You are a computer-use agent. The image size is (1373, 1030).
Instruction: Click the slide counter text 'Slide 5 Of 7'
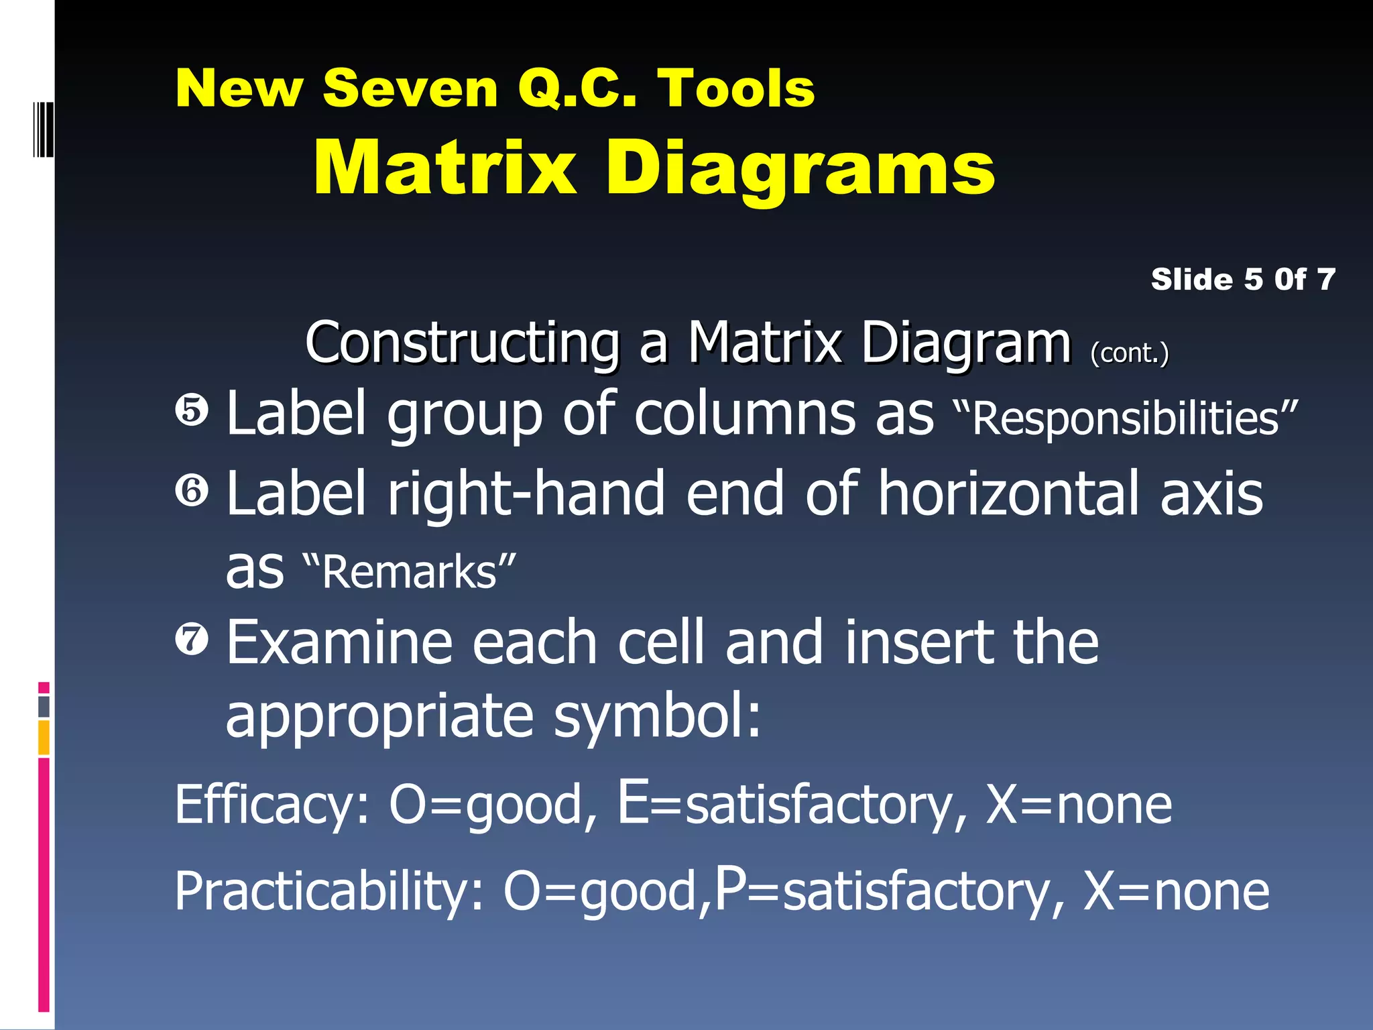[x=1242, y=279]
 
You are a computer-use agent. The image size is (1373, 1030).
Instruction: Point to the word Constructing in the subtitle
[x=462, y=343]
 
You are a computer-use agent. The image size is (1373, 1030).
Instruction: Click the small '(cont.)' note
[x=1129, y=353]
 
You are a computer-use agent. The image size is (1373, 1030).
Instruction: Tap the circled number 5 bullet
[x=192, y=410]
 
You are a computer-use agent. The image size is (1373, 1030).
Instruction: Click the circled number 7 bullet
[x=192, y=638]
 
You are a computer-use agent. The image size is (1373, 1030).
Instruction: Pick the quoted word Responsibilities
[x=1125, y=418]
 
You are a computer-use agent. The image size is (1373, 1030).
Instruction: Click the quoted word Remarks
[x=409, y=572]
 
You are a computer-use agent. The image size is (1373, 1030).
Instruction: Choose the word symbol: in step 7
[x=658, y=716]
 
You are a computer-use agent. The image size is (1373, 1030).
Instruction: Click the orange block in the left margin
[x=44, y=737]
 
